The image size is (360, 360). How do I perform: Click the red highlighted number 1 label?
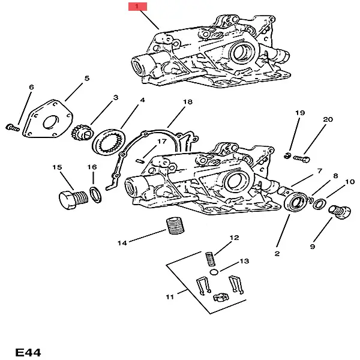click(137, 7)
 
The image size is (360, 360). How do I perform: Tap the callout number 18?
click(187, 102)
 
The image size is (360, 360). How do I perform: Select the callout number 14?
click(122, 243)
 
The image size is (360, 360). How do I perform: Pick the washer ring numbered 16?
click(95, 194)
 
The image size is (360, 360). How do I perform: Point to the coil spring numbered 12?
click(211, 259)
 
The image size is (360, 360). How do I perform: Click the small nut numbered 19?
click(288, 157)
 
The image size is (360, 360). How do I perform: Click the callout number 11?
click(170, 296)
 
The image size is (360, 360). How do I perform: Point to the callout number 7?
click(320, 171)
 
